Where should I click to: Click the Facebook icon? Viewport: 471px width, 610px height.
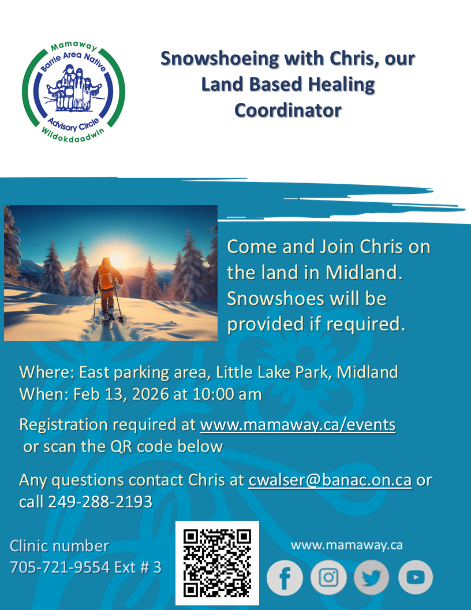(285, 578)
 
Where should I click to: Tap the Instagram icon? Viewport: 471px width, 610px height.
(328, 578)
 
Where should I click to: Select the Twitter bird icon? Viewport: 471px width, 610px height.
(372, 578)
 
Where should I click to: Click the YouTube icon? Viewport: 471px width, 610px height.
(416, 578)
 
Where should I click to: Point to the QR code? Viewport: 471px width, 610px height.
(217, 563)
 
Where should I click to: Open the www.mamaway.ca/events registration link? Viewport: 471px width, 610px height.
(298, 425)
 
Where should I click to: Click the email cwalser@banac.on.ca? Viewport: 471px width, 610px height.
(330, 480)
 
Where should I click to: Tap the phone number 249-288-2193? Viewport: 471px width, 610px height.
(100, 502)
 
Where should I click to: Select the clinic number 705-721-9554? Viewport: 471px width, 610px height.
(60, 567)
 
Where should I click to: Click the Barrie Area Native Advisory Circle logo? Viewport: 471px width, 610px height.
(73, 92)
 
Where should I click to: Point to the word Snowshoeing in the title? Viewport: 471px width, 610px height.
(219, 59)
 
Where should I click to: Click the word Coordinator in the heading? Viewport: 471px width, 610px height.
(288, 110)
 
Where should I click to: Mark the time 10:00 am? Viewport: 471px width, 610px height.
(227, 395)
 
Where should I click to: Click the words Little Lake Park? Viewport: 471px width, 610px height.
(274, 373)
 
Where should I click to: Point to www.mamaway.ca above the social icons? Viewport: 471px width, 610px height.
(347, 545)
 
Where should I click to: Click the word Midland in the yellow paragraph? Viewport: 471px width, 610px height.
(364, 273)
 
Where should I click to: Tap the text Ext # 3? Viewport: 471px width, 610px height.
(137, 567)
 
